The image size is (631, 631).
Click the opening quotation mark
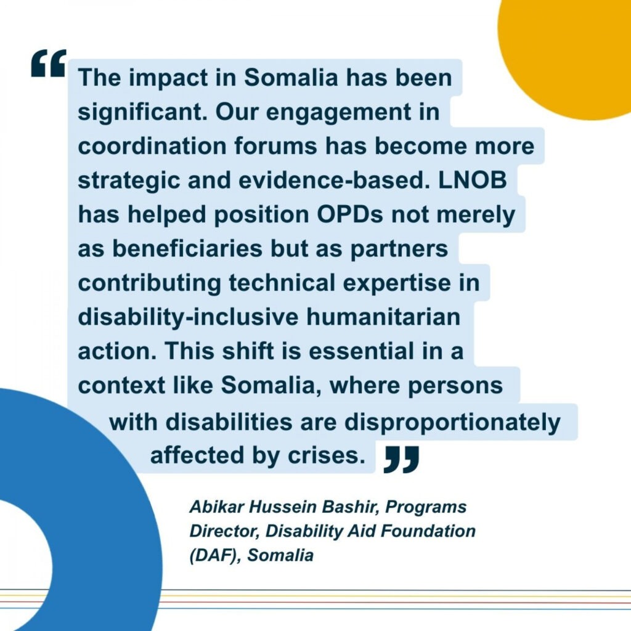click(48, 64)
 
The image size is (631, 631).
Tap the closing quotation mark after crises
click(401, 460)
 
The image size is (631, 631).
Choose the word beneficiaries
click(201, 250)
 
